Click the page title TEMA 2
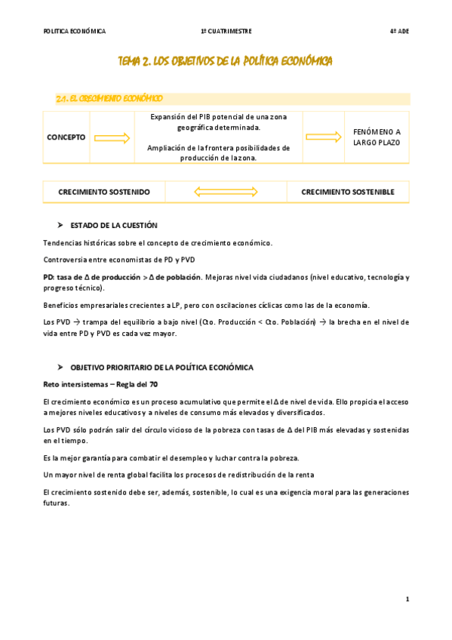[x=225, y=60]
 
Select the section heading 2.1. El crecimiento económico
[x=109, y=99]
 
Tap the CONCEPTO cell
[x=66, y=137]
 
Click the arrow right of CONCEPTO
[x=112, y=137]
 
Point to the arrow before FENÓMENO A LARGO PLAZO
[x=324, y=137]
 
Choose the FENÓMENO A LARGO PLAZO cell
[x=377, y=137]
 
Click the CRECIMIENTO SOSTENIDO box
[x=104, y=192]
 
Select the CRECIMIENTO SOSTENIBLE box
[x=348, y=192]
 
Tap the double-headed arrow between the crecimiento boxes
[x=226, y=192]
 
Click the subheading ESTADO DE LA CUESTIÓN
[x=114, y=225]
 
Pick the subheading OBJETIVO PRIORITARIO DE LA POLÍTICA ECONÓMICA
[x=161, y=367]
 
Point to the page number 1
[x=407, y=598]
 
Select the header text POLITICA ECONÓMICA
[x=75, y=31]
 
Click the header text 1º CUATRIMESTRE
[x=226, y=31]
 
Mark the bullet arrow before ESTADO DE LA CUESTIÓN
[x=60, y=225]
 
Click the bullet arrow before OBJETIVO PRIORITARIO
[x=60, y=367]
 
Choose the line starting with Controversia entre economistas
[x=118, y=260]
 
